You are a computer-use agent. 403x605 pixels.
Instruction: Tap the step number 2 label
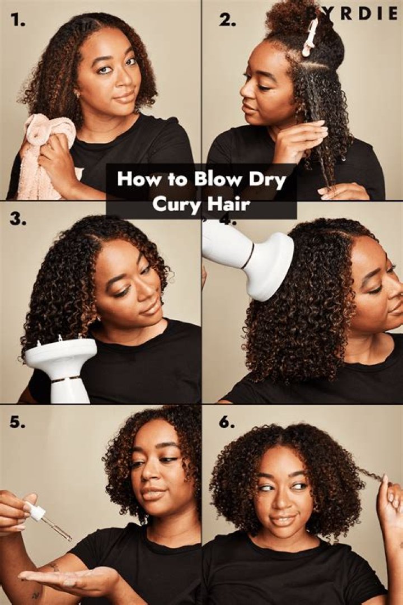coord(227,21)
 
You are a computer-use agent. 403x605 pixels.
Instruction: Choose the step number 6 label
coord(227,423)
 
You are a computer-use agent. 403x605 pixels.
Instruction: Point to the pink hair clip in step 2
coord(310,36)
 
